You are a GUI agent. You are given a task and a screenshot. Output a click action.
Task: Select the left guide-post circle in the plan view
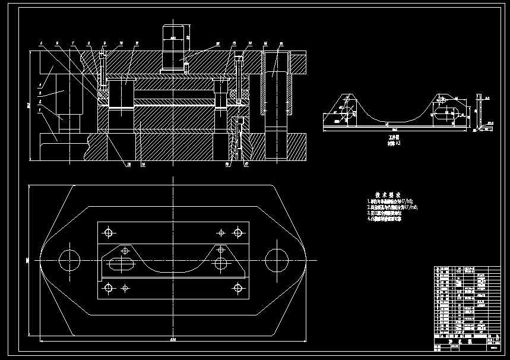(71, 261)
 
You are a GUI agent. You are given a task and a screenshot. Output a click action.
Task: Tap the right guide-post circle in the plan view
(277, 261)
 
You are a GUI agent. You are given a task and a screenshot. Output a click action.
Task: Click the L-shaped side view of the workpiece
(479, 113)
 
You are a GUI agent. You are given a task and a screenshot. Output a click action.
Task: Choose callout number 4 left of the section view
(40, 85)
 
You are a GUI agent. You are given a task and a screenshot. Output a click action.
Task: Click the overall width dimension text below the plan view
(172, 340)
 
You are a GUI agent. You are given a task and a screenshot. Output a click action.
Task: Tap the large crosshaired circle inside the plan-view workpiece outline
(221, 261)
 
